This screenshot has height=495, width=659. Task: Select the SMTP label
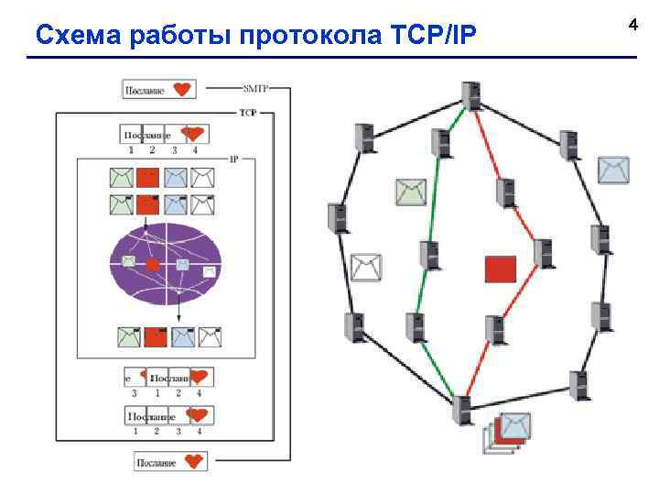(255, 88)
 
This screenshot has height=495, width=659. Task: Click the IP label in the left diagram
(234, 159)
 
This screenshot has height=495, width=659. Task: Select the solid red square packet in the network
(501, 269)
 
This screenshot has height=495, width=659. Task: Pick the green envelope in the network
(411, 192)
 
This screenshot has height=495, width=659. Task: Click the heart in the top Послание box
(183, 89)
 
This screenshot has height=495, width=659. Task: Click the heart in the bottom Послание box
(193, 461)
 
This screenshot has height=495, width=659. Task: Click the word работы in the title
(175, 35)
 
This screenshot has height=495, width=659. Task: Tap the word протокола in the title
(292, 35)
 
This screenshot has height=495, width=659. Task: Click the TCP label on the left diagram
(247, 113)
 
